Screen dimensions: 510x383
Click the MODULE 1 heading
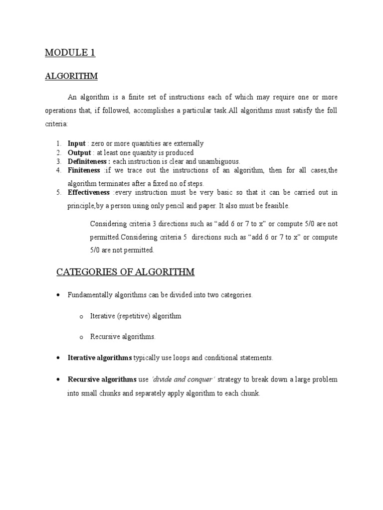(70, 53)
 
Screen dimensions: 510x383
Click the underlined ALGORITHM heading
(71, 76)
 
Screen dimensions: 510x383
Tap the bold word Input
(77, 143)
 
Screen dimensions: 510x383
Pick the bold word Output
(79, 152)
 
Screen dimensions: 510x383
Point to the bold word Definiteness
(89, 161)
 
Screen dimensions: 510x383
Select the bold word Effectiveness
(89, 192)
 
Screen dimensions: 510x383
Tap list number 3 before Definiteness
(58, 161)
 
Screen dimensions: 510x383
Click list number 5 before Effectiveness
(58, 192)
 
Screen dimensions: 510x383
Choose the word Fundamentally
(91, 295)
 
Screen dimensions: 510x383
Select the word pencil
(184, 205)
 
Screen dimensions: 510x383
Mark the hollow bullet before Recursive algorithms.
(80, 337)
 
